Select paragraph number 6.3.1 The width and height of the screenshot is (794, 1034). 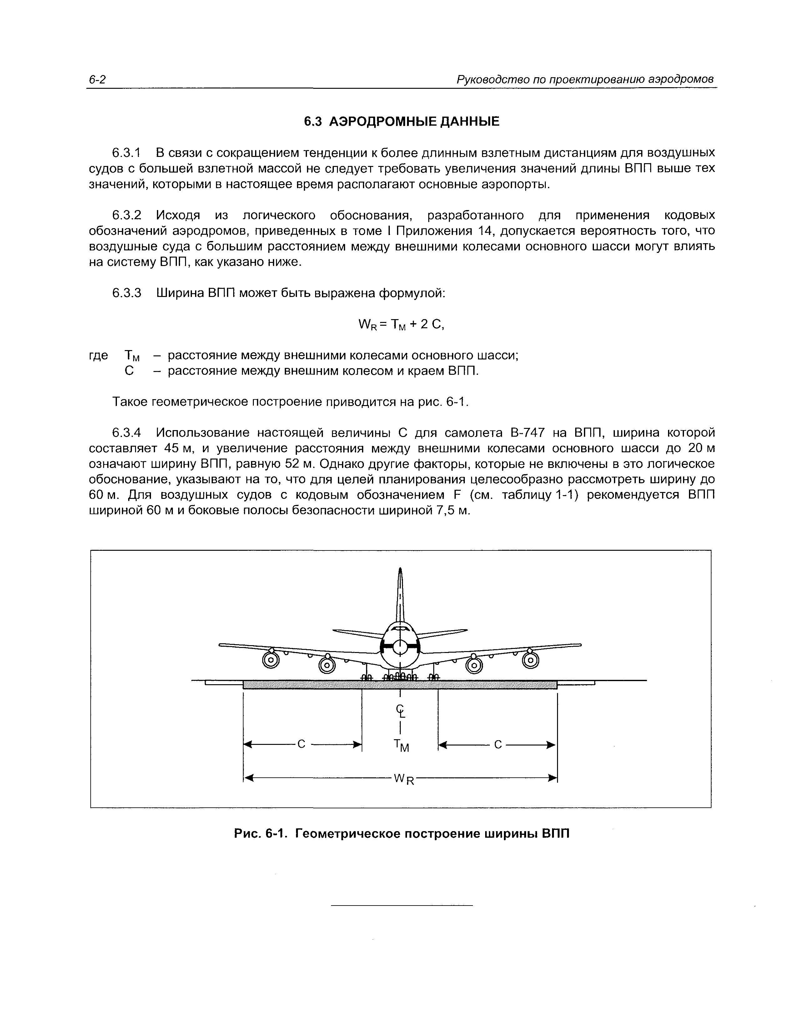click(x=126, y=153)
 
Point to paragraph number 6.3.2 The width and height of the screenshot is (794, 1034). click(x=126, y=215)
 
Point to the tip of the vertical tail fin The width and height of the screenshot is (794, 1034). click(x=400, y=570)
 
